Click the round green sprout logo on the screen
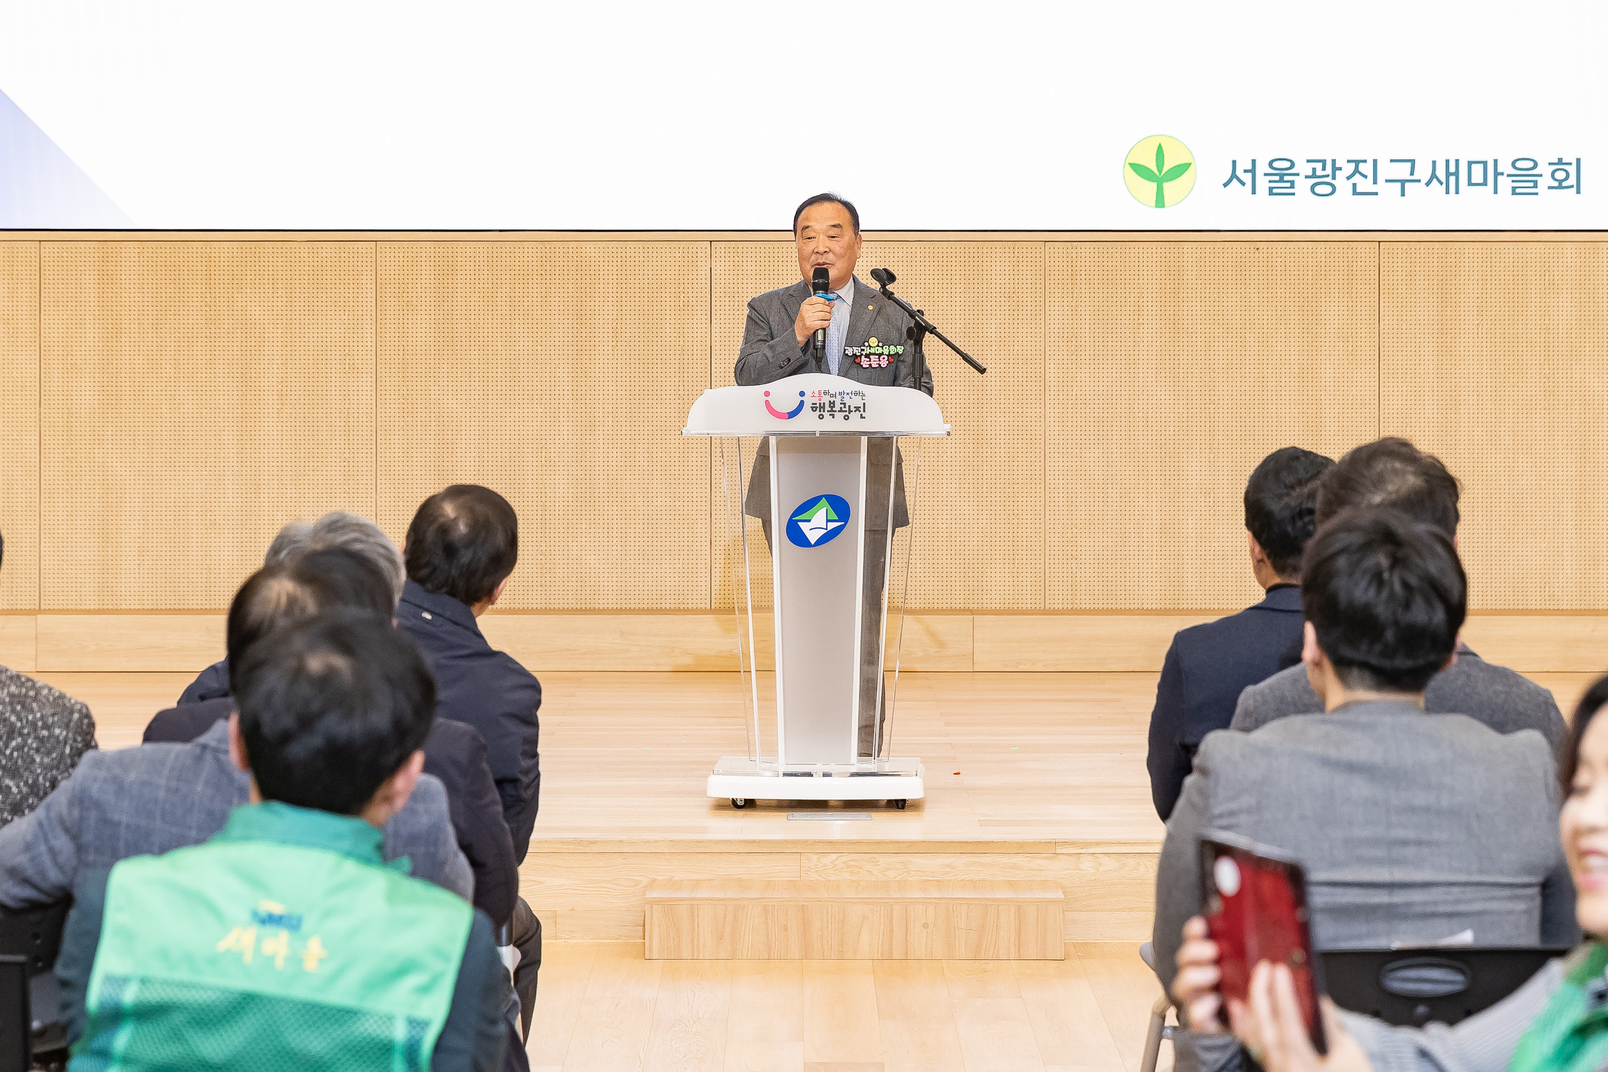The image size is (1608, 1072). coord(1159,172)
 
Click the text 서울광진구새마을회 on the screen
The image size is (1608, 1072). coord(1402,177)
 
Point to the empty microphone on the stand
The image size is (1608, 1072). coord(882,277)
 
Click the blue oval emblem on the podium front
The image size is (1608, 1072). coord(818,521)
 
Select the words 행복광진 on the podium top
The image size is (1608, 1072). coord(838,410)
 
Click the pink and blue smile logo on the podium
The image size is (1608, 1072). coord(783,404)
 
